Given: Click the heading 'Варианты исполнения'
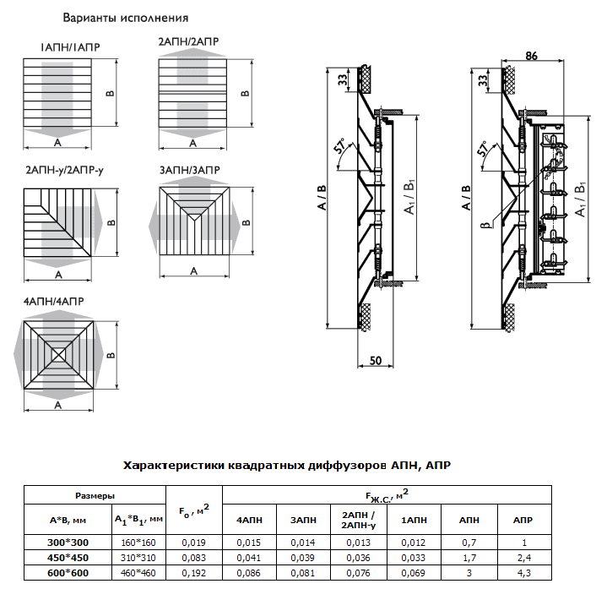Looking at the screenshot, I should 126,18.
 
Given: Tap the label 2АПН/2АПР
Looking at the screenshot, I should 187,41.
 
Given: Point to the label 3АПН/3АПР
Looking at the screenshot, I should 189,170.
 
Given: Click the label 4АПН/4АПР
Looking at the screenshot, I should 52,301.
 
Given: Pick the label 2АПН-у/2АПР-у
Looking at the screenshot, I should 65,171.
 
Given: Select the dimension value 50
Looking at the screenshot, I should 376,360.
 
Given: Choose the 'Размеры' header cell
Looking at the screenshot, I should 95,496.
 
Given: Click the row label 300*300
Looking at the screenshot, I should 68,542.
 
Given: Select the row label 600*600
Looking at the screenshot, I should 68,573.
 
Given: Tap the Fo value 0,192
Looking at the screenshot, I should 194,573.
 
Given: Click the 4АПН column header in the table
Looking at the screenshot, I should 247,520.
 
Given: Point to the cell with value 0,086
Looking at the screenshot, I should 247,573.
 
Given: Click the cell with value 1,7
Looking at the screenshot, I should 468,558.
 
